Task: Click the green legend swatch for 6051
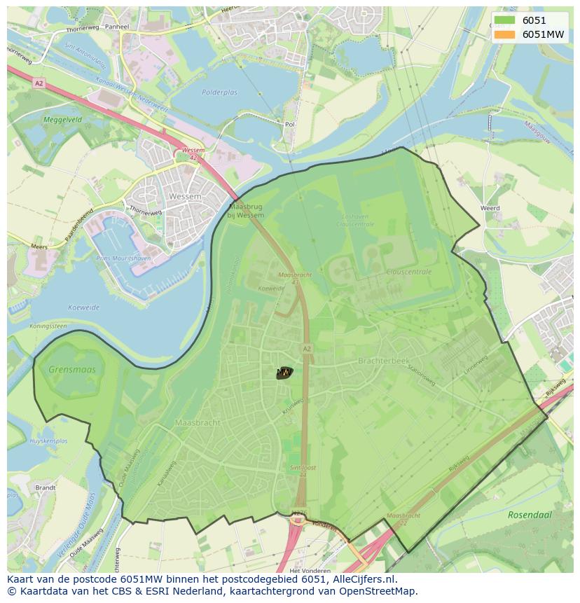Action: [503, 20]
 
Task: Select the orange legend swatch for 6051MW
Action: [503, 34]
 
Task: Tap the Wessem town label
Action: [185, 197]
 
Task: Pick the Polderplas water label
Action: [219, 92]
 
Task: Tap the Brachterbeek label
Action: [383, 361]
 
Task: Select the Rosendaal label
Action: [530, 515]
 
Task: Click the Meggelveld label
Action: [62, 120]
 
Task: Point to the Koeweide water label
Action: [84, 307]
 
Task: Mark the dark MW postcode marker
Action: [284, 373]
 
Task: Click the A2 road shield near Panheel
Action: [38, 83]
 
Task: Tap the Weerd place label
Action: [490, 208]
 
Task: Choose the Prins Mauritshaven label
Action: [123, 259]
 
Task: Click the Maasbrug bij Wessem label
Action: [247, 211]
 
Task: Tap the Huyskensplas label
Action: [48, 441]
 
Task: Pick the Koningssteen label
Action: [48, 326]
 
